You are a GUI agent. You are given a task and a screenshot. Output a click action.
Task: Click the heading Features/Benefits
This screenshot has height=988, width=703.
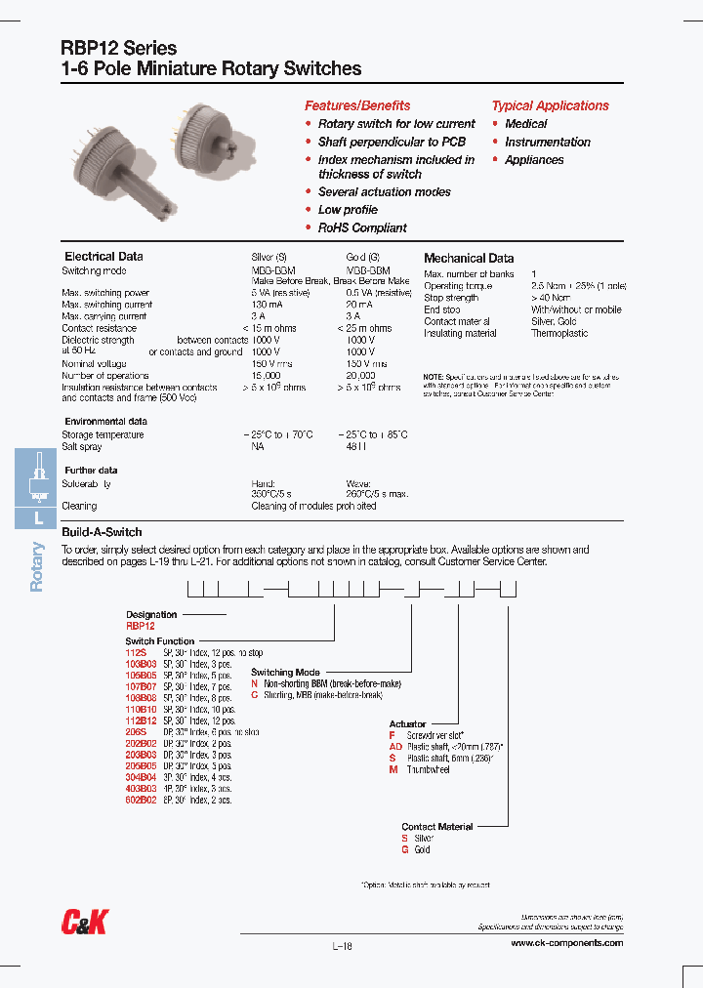[x=357, y=105]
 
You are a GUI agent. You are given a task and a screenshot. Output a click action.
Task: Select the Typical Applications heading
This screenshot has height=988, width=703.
[x=550, y=105]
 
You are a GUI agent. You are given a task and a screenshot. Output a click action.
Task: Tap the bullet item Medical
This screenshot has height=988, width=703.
[x=525, y=124]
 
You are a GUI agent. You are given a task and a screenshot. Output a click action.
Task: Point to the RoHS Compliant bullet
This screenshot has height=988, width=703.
[x=361, y=227]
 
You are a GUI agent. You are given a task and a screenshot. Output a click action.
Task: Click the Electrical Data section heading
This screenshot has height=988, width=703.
[x=103, y=257]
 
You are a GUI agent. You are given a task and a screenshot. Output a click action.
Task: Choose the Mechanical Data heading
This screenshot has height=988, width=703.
[x=469, y=258]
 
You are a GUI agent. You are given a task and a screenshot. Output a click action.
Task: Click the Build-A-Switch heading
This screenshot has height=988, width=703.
[x=102, y=532]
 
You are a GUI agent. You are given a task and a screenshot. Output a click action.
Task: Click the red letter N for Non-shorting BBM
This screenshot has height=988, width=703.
[x=254, y=684]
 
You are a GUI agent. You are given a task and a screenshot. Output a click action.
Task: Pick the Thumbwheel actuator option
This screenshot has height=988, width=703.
[x=429, y=770]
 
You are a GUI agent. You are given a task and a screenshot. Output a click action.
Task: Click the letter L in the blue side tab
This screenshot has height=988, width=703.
[x=38, y=518]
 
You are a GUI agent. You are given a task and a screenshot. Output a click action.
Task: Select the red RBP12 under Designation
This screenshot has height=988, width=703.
[x=140, y=626]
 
